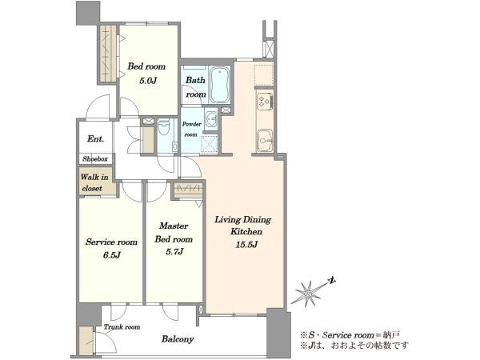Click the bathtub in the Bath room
tap(220, 85)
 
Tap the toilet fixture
tap(163, 128)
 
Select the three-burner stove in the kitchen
tap(265, 101)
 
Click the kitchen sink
tap(265, 140)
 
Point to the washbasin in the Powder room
tap(210, 118)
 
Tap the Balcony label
tap(178, 339)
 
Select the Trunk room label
tap(122, 327)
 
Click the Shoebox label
tap(95, 159)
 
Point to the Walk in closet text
tap(94, 182)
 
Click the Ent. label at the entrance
tap(95, 139)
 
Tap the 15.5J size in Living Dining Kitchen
tap(246, 245)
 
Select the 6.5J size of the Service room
tap(111, 255)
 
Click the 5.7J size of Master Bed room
tap(174, 252)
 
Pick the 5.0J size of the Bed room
tap(148, 81)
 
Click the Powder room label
tap(192, 129)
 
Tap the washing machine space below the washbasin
tap(210, 143)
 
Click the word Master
tap(174, 226)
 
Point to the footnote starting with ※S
tap(350, 335)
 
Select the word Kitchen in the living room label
tap(246, 231)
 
